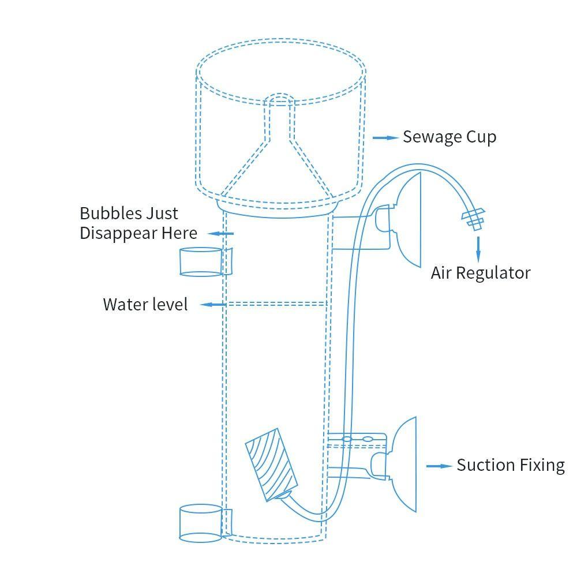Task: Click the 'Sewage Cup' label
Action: (x=449, y=137)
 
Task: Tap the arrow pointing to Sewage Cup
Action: (x=385, y=138)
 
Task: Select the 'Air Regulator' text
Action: (x=480, y=273)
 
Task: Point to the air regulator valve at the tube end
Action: (x=473, y=219)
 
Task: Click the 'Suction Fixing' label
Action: (x=510, y=465)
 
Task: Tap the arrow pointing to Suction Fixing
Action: (x=439, y=466)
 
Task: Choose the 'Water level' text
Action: (x=145, y=304)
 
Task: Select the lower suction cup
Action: (x=404, y=465)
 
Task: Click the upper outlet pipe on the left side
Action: (x=202, y=261)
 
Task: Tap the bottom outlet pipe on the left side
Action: (x=201, y=523)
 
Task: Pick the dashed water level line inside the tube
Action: (x=276, y=304)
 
